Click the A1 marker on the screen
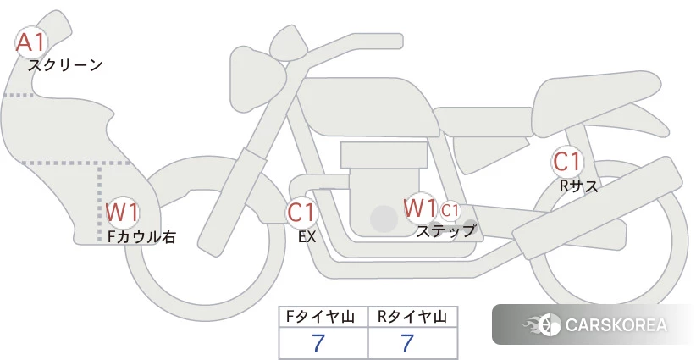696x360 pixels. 30,42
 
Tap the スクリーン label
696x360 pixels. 65,66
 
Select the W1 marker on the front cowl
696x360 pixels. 123,213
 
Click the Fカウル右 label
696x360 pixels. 141,236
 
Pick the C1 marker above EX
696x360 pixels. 301,212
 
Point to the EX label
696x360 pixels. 307,237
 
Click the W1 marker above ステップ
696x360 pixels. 420,208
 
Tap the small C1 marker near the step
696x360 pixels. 450,210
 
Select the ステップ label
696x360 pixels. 445,231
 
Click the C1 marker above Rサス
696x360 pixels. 566,162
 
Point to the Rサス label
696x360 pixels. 578,186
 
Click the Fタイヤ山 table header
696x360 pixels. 320,317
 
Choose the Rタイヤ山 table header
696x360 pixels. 412,317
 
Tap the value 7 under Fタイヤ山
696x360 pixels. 318,343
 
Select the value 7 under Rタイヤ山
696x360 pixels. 407,343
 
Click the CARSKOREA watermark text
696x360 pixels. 616,325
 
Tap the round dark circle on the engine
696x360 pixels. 384,219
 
